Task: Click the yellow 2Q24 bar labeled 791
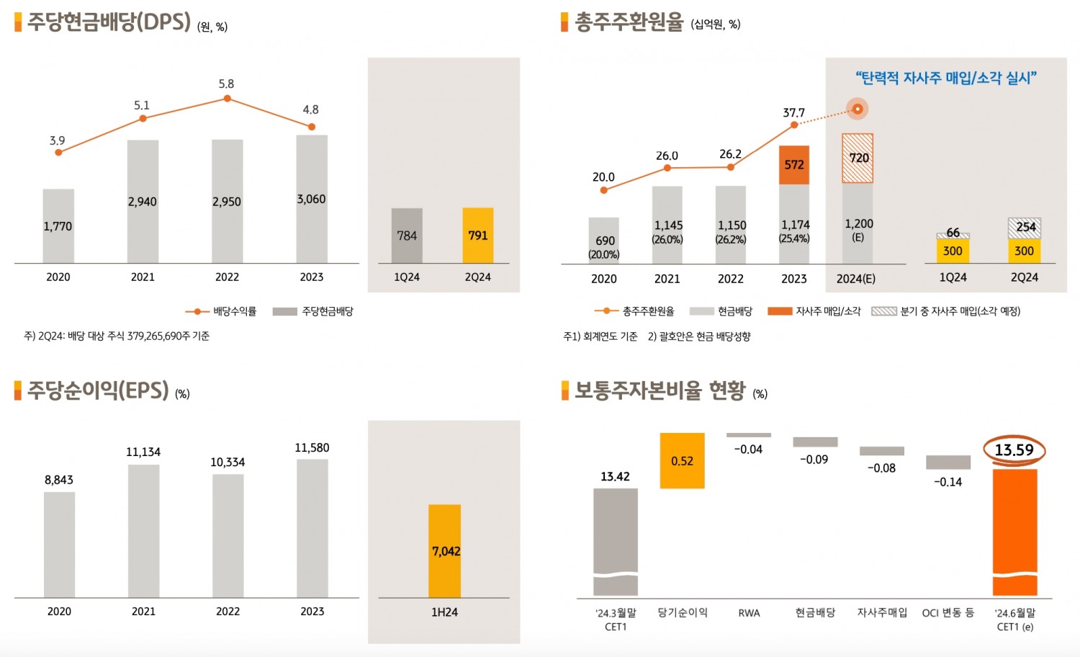[x=477, y=236]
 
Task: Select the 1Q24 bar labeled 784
[x=407, y=236]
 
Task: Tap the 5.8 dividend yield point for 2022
[x=227, y=98]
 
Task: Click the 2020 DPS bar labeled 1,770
[x=58, y=226]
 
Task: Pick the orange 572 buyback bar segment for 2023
[x=794, y=165]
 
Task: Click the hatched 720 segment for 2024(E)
[x=858, y=158]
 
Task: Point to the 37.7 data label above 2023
[x=793, y=113]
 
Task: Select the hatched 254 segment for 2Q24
[x=1025, y=228]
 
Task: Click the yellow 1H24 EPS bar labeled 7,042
[x=444, y=551]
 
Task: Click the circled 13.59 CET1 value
[x=1014, y=450]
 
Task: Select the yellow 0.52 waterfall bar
[x=682, y=461]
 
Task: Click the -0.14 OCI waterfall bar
[x=948, y=462]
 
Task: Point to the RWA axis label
[x=749, y=613]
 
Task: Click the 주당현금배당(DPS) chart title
[x=109, y=22]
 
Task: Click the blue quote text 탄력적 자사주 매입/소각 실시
[x=945, y=78]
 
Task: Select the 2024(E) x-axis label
[x=855, y=279]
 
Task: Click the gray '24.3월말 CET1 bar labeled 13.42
[x=616, y=540]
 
